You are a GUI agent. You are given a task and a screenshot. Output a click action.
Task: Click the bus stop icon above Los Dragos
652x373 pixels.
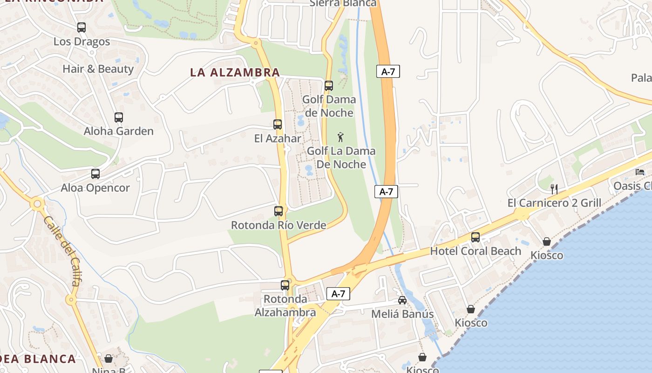coord(81,28)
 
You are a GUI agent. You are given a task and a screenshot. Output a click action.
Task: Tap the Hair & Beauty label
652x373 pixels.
coord(98,69)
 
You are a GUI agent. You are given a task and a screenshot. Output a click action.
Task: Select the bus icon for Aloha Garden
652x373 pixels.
coord(119,117)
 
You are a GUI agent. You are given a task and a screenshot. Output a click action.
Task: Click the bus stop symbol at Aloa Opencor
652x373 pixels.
coord(95,174)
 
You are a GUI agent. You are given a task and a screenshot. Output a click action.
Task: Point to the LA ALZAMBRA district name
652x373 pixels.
coord(235,73)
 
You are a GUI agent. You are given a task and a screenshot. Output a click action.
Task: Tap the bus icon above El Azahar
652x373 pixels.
coord(278,124)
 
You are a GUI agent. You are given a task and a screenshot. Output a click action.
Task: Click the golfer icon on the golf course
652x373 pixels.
coord(341,137)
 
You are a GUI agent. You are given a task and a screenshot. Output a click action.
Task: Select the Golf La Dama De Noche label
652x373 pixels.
coord(341,158)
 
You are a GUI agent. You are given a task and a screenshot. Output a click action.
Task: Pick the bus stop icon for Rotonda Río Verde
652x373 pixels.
coord(278,211)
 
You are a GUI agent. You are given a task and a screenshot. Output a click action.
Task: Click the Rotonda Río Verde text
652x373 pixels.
coord(278,225)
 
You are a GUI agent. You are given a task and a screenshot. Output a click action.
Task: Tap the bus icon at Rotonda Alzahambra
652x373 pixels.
coord(285,285)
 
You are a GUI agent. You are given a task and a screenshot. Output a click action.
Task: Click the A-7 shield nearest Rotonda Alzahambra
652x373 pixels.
coord(338,294)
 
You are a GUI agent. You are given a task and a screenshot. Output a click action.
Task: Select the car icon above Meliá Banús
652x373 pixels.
coord(402,300)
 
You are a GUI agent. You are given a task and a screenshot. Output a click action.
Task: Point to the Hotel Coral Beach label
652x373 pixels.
coord(475,251)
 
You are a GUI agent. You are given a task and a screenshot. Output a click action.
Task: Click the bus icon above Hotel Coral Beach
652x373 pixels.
coord(475,237)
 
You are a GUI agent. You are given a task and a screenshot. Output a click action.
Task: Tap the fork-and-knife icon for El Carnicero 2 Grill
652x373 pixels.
coord(554,189)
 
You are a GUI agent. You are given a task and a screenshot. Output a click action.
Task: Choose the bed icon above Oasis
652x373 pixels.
coord(640,172)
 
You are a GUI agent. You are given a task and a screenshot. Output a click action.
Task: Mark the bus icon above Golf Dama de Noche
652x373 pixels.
coord(329,86)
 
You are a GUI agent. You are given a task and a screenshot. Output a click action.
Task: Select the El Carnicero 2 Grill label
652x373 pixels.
coord(554,203)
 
